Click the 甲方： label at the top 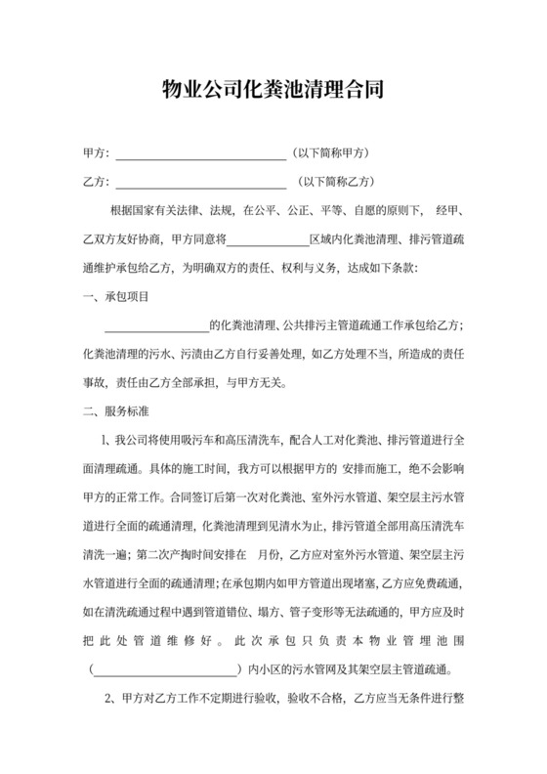click(97, 154)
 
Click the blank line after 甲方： click(201, 155)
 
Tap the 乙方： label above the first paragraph click(97, 182)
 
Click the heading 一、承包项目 click(116, 296)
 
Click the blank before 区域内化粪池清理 click(268, 239)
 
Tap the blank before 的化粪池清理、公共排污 click(157, 326)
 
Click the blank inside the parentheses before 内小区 click(166, 672)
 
